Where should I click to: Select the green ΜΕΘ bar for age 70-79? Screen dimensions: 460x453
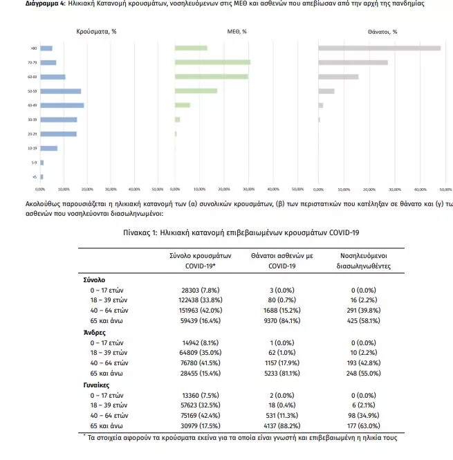[x=212, y=62]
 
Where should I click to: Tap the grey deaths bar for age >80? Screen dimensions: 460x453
[x=379, y=48]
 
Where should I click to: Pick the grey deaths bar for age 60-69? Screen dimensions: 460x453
[x=338, y=77]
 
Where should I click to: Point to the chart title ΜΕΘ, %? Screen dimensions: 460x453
[x=237, y=32]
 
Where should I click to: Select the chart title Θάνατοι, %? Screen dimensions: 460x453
[x=382, y=32]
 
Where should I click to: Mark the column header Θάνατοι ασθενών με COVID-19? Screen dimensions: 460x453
[x=281, y=260]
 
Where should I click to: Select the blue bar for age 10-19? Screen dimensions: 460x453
[x=48, y=148]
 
